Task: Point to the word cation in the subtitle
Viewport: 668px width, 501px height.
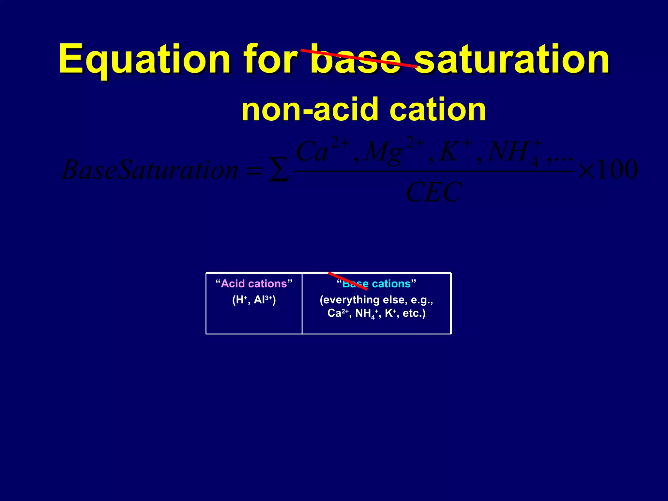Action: pyautogui.click(x=437, y=110)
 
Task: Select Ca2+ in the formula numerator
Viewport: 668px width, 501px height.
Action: pyautogui.click(x=321, y=151)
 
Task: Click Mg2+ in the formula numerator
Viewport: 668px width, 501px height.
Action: pyautogui.click(x=393, y=151)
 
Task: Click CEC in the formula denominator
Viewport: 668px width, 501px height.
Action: pyautogui.click(x=434, y=192)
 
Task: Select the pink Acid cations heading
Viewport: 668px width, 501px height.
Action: pyautogui.click(x=254, y=284)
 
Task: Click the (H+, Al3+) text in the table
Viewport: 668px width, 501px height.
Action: pyautogui.click(x=254, y=300)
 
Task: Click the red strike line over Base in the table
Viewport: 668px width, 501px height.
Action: pyautogui.click(x=348, y=281)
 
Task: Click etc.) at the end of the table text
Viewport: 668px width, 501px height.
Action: pyautogui.click(x=414, y=313)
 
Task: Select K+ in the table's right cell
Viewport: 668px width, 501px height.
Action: pyautogui.click(x=390, y=313)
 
